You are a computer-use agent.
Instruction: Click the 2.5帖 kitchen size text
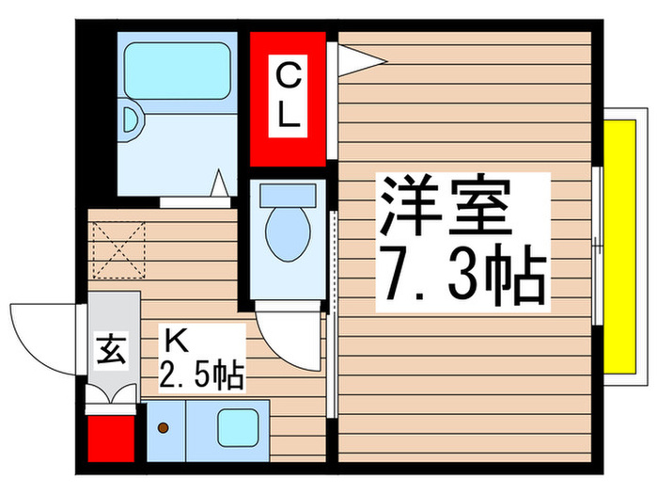click(x=202, y=374)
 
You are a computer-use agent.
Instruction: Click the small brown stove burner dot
click(x=164, y=429)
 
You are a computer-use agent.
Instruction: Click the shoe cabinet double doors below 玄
click(x=111, y=393)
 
